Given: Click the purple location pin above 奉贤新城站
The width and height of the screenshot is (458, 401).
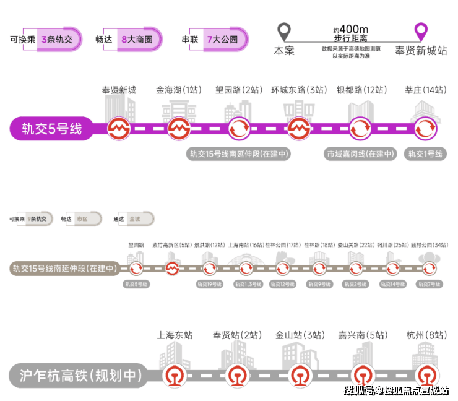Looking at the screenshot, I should pos(421,32).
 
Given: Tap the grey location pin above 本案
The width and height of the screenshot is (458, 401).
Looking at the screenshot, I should pos(284,32).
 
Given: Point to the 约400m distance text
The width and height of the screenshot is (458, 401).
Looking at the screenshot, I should pos(350,30).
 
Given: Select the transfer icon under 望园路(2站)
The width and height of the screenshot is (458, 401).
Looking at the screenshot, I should pos(240,129).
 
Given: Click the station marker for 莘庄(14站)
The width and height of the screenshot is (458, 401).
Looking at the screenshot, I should pos(425,129).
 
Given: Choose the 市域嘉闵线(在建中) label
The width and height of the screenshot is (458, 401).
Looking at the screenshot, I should pos(361,153).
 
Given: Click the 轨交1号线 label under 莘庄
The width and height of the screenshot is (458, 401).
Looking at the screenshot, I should pos(425,153).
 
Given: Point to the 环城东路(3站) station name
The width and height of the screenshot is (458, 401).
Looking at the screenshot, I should pos(299,90).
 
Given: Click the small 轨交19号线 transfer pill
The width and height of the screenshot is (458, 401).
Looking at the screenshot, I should pos(209,284).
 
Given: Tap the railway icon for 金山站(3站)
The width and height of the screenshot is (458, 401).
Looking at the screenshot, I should pos(300,375).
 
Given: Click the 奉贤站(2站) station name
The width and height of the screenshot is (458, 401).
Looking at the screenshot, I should pos(235,335).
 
